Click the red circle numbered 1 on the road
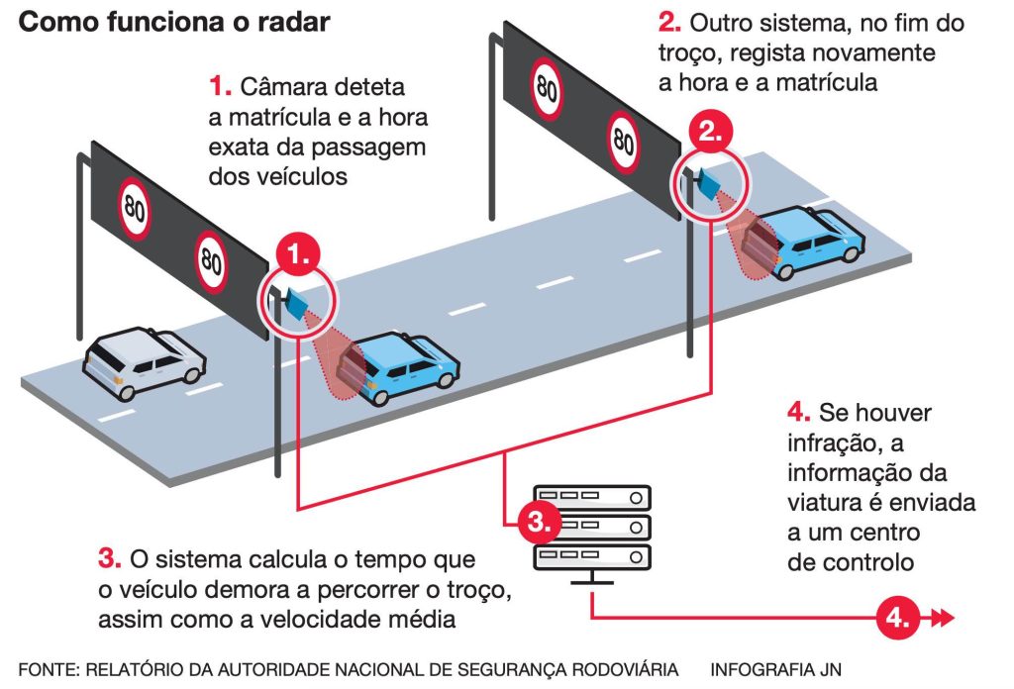click(x=298, y=254)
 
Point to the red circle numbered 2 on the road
click(x=710, y=131)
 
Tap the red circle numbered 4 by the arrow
click(x=897, y=619)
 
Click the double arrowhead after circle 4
click(x=941, y=619)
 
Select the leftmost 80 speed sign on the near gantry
click(x=135, y=209)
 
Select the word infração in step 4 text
click(x=830, y=442)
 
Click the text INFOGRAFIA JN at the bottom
click(x=775, y=669)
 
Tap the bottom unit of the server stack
click(x=592, y=557)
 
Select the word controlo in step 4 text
click(x=868, y=563)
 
